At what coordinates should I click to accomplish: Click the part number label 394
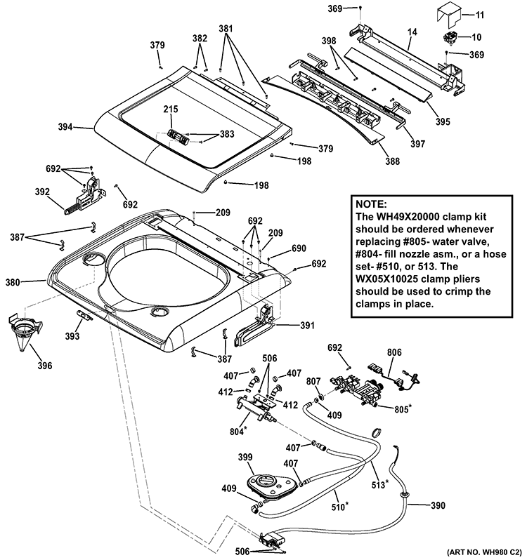(x=65, y=128)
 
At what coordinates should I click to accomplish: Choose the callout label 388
(x=392, y=161)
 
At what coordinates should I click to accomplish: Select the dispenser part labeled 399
(x=265, y=482)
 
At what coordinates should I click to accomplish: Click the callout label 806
(x=394, y=353)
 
